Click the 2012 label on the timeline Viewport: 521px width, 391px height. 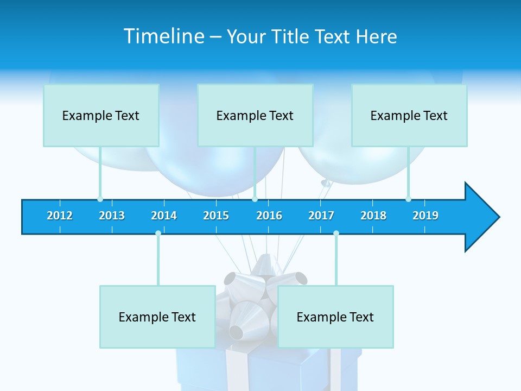pos(60,216)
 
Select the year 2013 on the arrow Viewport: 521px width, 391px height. pos(112,216)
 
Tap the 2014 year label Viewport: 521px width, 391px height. pos(164,216)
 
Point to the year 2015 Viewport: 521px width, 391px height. pos(216,216)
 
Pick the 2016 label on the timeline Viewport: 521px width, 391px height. pos(269,216)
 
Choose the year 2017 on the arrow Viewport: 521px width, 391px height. pos(321,216)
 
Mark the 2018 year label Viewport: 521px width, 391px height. pos(373,216)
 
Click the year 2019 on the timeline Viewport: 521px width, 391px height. pos(425,216)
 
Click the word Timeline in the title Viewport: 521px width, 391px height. pos(162,36)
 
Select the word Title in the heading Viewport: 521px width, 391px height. pos(290,36)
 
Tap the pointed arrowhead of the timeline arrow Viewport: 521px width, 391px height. pos(483,217)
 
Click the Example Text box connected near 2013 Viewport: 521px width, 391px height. pos(101,115)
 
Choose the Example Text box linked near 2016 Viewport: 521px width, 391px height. pos(255,115)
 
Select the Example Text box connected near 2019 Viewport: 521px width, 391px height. pos(409,115)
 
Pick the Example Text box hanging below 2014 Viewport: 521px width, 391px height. pos(157,317)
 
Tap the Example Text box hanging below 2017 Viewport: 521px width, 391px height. pos(335,317)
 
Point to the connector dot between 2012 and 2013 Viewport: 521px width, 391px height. pos(100,199)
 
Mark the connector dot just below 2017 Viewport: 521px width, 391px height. pos(336,233)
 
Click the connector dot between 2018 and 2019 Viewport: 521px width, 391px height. pos(408,199)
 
